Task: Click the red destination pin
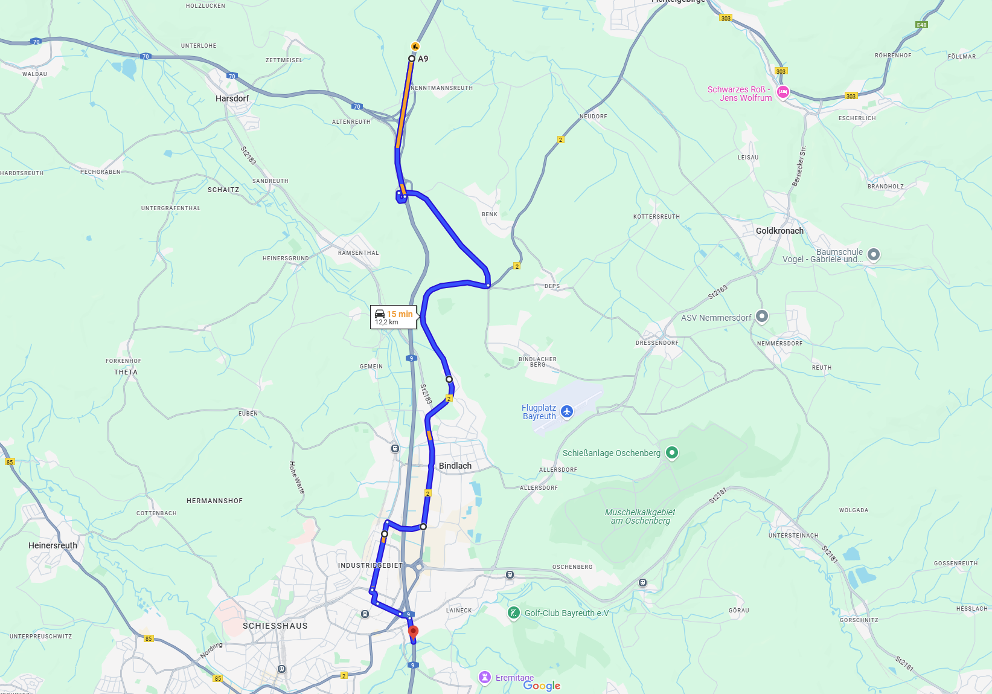click(413, 632)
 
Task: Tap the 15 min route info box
click(393, 317)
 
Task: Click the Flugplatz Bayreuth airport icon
click(566, 411)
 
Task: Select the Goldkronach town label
click(779, 231)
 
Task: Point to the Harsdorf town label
click(232, 98)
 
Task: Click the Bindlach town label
click(455, 466)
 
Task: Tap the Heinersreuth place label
click(53, 545)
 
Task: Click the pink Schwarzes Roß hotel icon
click(783, 92)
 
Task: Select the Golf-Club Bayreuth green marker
click(513, 612)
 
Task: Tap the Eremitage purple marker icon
click(485, 677)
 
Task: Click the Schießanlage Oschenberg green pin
click(671, 452)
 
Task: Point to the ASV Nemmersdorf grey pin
click(762, 316)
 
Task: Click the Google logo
click(542, 686)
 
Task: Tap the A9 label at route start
click(423, 59)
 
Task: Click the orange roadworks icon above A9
click(415, 47)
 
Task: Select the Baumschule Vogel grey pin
click(873, 254)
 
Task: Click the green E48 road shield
click(921, 25)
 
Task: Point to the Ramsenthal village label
click(358, 253)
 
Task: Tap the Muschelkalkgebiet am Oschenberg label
click(640, 516)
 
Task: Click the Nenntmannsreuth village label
click(441, 88)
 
